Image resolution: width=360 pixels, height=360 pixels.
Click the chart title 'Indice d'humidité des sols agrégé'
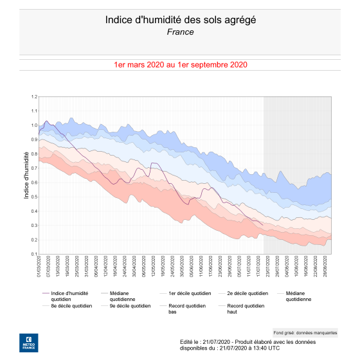click(180, 20)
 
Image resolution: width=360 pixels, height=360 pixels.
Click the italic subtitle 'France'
click(180, 32)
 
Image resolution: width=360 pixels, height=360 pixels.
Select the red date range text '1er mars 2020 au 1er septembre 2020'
click(180, 65)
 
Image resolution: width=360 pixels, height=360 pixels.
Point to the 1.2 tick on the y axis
click(34, 96)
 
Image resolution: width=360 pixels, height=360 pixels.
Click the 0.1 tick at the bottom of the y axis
click(34, 254)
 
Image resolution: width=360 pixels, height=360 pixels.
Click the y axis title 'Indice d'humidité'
click(26, 175)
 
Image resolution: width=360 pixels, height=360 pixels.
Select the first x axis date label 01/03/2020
click(39, 267)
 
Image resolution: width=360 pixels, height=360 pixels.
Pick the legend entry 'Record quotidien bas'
click(186, 309)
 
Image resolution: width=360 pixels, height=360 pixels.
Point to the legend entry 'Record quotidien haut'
click(244, 309)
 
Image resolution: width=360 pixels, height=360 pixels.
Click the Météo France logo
click(28, 342)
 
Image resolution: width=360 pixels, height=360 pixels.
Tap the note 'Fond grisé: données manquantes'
click(305, 332)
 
